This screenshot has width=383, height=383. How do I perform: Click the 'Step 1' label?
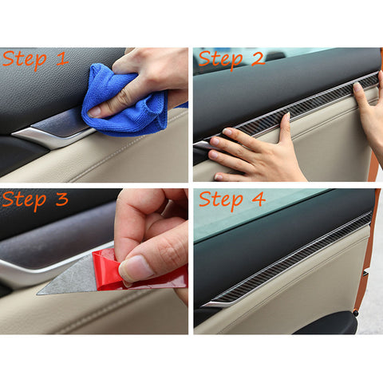pyautogui.click(x=35, y=60)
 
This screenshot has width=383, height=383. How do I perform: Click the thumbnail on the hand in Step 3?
pyautogui.click(x=137, y=267)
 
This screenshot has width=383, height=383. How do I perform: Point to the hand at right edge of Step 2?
pyautogui.click(x=369, y=116)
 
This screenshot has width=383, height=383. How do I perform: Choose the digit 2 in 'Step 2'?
pyautogui.click(x=259, y=58)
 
